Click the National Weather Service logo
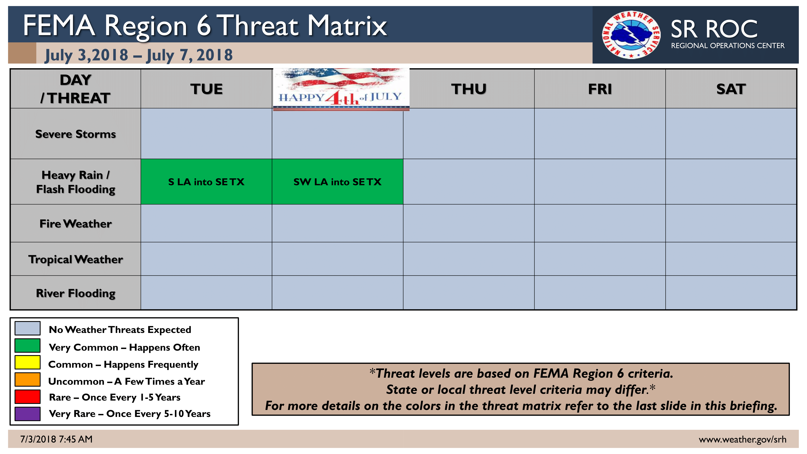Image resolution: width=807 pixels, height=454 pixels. pyautogui.click(x=631, y=35)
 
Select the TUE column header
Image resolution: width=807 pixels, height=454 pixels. pyautogui.click(x=207, y=89)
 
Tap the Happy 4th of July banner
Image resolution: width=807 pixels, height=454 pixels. pyautogui.click(x=341, y=89)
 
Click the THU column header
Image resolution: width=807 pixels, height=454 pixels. pyautogui.click(x=469, y=89)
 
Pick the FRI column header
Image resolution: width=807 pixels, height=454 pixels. pyautogui.click(x=600, y=89)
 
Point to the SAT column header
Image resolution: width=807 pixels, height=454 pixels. pyautogui.click(x=731, y=89)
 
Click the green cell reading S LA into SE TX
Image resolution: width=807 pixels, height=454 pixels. pyautogui.click(x=207, y=182)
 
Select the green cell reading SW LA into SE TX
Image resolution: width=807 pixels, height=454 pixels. pyautogui.click(x=337, y=182)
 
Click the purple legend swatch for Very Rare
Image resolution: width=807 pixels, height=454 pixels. pyautogui.click(x=28, y=414)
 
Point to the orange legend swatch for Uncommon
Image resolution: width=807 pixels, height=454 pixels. pyautogui.click(x=28, y=379)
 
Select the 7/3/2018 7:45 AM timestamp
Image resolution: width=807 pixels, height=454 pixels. pyautogui.click(x=56, y=439)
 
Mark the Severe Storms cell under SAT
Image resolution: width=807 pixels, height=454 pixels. pyautogui.click(x=731, y=134)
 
